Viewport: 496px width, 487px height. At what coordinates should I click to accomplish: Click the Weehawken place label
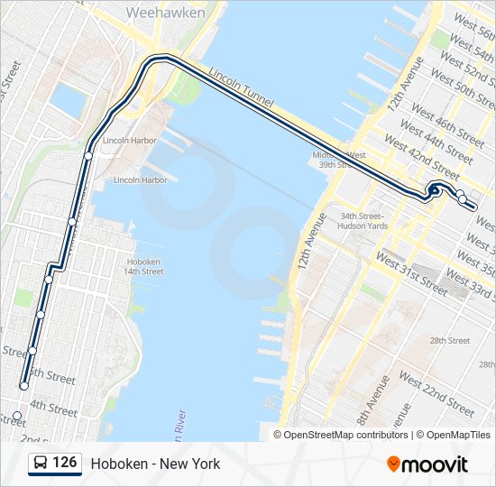pyautogui.click(x=166, y=13)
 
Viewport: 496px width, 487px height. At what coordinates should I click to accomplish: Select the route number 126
pyautogui.click(x=64, y=463)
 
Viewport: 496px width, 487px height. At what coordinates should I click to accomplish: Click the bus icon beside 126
pyautogui.click(x=41, y=464)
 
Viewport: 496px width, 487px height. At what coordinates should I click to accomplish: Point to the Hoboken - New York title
pyautogui.click(x=155, y=464)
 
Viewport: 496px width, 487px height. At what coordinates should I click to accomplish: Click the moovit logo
pyautogui.click(x=427, y=464)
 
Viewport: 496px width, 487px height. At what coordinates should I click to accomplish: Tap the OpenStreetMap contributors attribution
pyautogui.click(x=342, y=435)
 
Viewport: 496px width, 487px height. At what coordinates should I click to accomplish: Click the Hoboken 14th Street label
pyautogui.click(x=144, y=266)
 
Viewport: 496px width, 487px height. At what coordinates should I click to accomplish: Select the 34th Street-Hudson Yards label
pyautogui.click(x=362, y=221)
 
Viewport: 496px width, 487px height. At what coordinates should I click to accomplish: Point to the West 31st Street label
pyautogui.click(x=411, y=274)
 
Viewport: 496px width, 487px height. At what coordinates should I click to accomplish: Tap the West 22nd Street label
pyautogui.click(x=436, y=395)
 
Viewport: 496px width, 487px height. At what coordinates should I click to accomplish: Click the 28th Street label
pyautogui.click(x=450, y=340)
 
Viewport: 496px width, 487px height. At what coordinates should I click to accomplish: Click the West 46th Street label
pyautogui.click(x=447, y=124)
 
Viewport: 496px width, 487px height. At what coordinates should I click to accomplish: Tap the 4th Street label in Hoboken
pyautogui.click(x=53, y=409)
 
